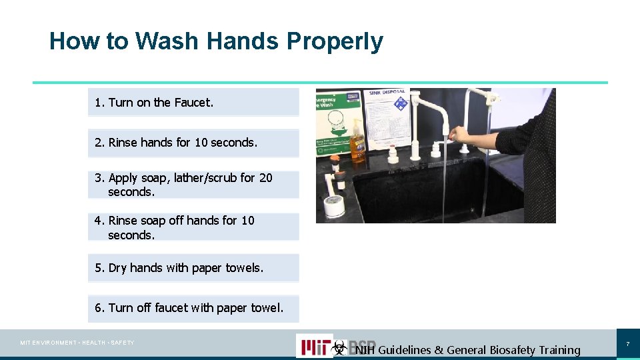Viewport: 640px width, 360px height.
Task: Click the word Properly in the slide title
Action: point(335,41)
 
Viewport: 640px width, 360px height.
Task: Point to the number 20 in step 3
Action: point(265,178)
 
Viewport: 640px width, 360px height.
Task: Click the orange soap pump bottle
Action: point(357,142)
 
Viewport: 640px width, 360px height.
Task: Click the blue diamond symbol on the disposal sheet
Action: point(401,104)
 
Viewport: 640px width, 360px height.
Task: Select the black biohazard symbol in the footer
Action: point(340,347)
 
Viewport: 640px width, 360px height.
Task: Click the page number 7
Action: point(627,344)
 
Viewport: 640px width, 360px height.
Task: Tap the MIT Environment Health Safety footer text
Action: point(77,343)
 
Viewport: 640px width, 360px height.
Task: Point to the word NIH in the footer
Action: point(365,350)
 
